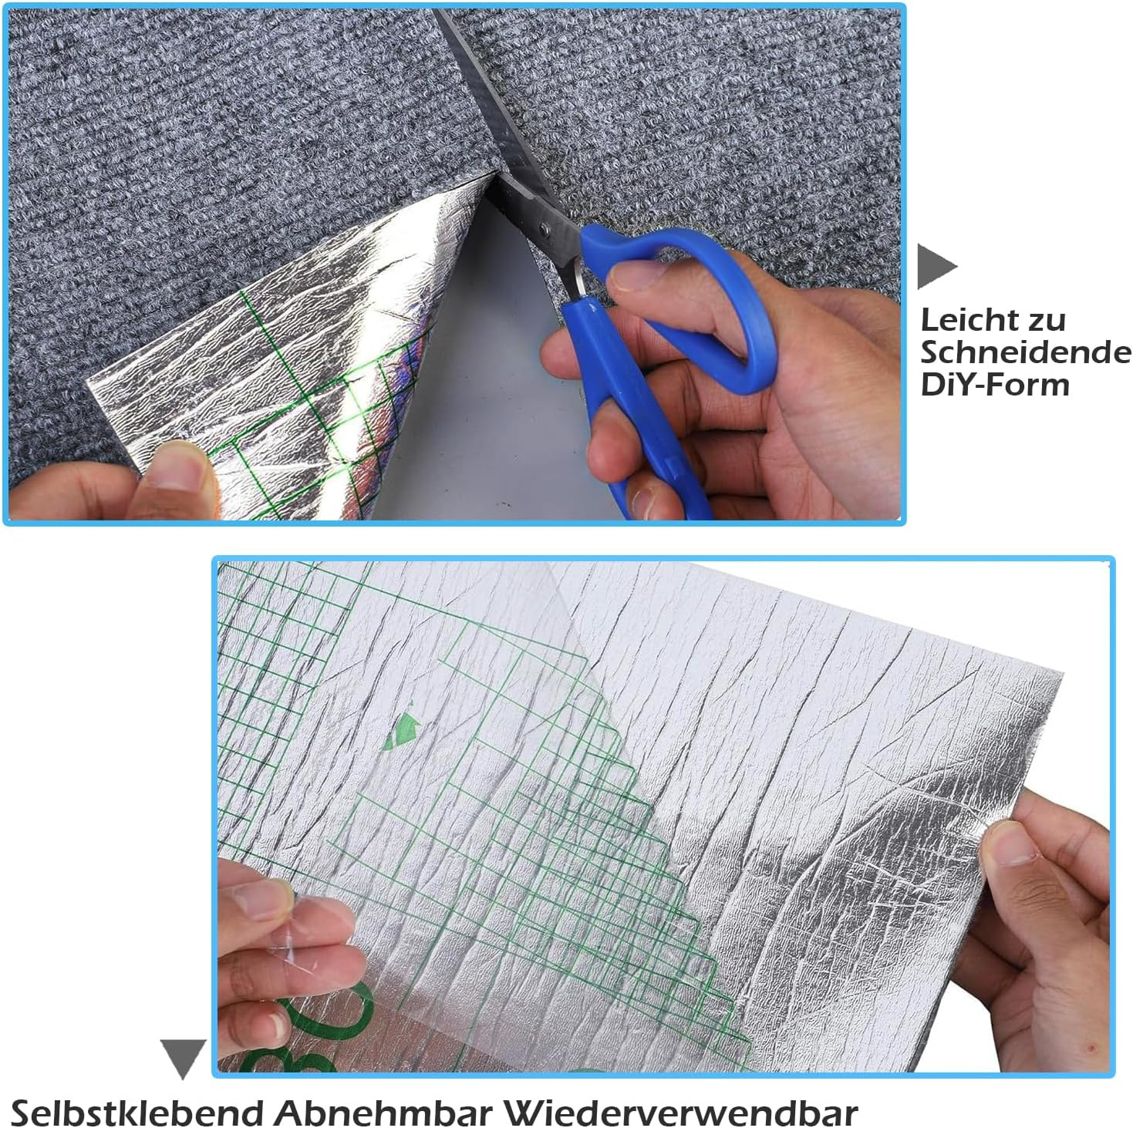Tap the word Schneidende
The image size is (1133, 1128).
pyautogui.click(x=1026, y=352)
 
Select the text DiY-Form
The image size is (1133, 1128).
pyautogui.click(x=995, y=385)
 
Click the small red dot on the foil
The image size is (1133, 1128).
pyautogui.click(x=1089, y=1051)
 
